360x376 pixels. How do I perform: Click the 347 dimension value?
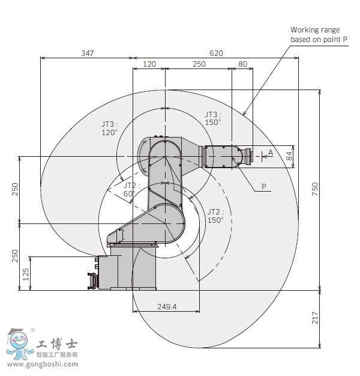coord(87,53)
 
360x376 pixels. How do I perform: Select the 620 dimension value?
coord(216,53)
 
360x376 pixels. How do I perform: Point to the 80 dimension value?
coord(242,64)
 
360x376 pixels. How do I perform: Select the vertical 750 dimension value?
coord(314,189)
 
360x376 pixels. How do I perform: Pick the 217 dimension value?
coord(314,318)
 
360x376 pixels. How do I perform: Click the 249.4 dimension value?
coord(166,306)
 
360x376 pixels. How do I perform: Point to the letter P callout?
coord(263,187)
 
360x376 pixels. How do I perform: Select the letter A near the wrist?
coord(271,153)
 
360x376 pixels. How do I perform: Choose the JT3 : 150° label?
coord(213,118)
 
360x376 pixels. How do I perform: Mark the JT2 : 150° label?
coord(215,216)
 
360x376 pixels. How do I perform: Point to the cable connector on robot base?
coord(92,280)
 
